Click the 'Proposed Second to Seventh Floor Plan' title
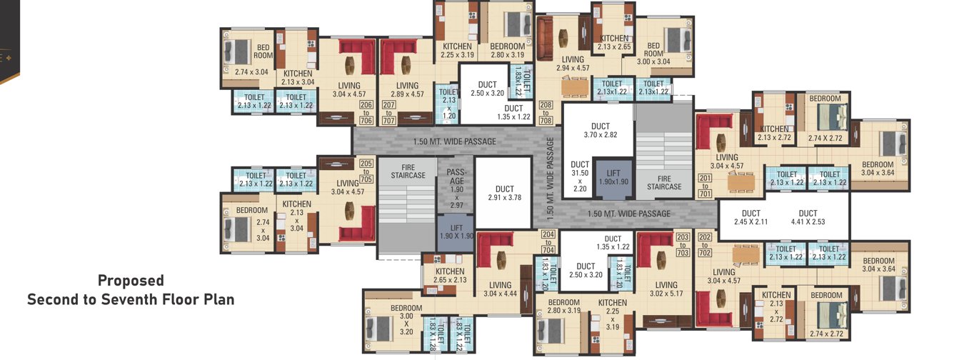pos(131,290)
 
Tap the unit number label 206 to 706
pos(366,114)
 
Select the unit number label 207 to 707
pos(389,114)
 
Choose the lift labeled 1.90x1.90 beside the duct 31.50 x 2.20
pos(613,178)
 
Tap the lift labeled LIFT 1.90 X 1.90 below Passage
pos(456,231)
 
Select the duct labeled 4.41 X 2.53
pos(808,218)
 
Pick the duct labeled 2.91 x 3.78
pos(505,193)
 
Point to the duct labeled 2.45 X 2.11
pos(750,218)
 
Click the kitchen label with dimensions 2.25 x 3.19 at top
pos(457,50)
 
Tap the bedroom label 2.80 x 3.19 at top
pos(507,50)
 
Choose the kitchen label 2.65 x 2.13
pos(450,276)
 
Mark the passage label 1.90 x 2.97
pos(456,188)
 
